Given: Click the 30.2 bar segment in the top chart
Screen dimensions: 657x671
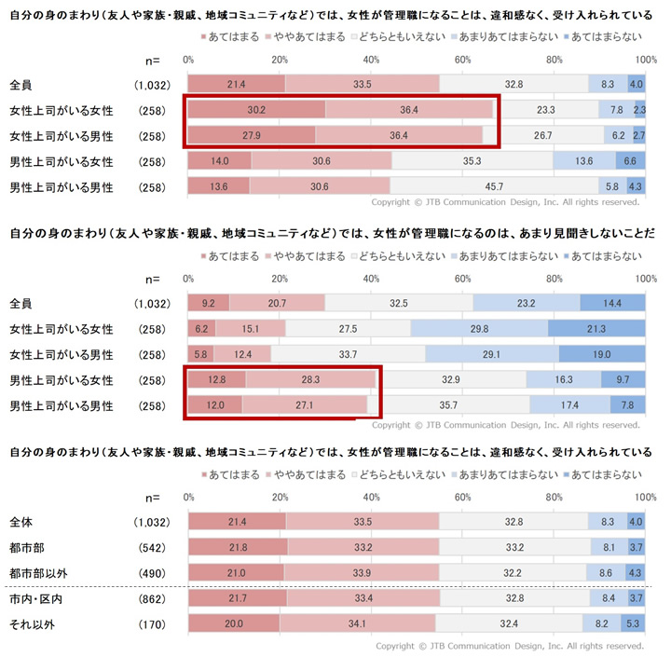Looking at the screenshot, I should [x=256, y=110].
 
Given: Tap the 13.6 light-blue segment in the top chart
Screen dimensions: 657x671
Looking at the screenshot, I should [x=584, y=161].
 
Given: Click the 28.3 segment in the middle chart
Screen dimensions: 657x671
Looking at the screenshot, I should [x=310, y=379].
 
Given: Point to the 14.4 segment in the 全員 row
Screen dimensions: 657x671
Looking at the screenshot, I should [x=612, y=303].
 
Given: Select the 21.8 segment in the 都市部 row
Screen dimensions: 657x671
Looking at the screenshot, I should [x=238, y=546].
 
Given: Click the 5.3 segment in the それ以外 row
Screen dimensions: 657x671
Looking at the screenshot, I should [x=634, y=623].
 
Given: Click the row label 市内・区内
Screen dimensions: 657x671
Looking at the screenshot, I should [x=36, y=598].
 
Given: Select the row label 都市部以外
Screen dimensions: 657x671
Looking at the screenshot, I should [x=42, y=572].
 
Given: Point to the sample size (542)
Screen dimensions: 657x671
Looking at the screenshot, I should [x=151, y=546].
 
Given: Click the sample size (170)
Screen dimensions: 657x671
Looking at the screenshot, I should [x=151, y=623].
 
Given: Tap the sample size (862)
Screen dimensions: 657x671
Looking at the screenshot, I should [x=151, y=598].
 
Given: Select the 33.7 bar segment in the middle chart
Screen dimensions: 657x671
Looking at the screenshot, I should [x=349, y=354].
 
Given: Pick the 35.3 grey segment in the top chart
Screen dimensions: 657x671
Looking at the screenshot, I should [x=472, y=161].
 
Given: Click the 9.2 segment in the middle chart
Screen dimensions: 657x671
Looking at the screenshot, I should [x=209, y=303].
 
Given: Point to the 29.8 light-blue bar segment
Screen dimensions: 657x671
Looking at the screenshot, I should [x=479, y=329].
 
